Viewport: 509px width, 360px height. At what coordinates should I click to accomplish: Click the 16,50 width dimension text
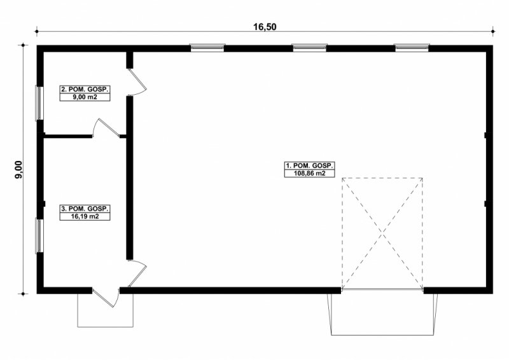coord(265,27)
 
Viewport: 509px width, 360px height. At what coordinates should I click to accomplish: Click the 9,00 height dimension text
coord(19,169)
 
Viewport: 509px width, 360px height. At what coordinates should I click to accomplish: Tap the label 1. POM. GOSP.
coord(309,165)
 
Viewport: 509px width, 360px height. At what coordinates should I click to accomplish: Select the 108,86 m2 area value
coord(309,174)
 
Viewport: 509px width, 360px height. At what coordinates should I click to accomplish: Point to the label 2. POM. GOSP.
coord(85,89)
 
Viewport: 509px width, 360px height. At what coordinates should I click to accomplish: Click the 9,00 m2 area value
coord(85,97)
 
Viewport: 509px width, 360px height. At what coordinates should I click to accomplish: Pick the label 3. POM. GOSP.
coord(85,209)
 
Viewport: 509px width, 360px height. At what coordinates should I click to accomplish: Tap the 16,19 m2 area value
coord(85,216)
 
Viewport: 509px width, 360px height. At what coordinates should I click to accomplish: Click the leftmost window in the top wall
coord(207,48)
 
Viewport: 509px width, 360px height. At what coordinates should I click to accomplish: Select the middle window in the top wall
coord(309,48)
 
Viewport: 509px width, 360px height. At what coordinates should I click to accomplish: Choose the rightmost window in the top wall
coord(412,48)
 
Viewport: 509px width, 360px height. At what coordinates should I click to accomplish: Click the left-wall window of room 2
coord(39,103)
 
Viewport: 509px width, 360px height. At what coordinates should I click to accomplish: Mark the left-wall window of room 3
coord(39,236)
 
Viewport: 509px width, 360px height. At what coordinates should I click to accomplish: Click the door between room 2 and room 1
coord(137,82)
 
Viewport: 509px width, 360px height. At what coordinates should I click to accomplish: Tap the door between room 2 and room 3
coord(106,127)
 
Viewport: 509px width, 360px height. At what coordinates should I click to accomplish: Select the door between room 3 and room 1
coord(137,273)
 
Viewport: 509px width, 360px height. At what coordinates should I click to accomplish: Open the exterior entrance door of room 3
coord(106,297)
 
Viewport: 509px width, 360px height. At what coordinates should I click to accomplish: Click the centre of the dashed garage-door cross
coord(382,232)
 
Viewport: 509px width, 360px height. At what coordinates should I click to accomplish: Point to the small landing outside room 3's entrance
coord(105,310)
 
